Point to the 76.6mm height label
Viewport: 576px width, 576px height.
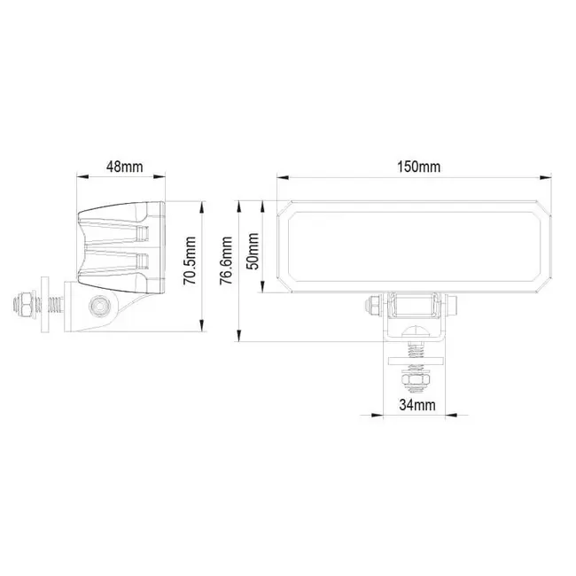pos(227,263)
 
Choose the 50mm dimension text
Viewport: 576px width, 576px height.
pos(254,251)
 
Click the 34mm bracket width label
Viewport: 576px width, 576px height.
pos(416,405)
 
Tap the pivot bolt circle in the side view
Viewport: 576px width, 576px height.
pos(101,307)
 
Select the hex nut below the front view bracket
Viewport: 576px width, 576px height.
pos(415,382)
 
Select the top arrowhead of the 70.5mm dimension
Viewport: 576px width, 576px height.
pos(203,206)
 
